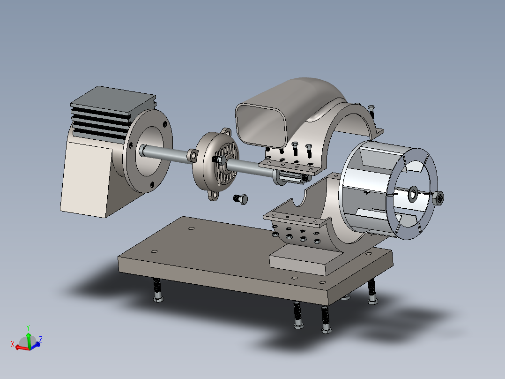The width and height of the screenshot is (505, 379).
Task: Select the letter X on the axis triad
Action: click(x=13, y=344)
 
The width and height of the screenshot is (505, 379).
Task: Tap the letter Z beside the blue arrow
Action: click(x=41, y=339)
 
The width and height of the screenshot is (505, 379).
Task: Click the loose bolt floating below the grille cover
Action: click(x=241, y=199)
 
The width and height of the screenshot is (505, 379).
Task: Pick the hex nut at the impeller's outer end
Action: click(x=438, y=197)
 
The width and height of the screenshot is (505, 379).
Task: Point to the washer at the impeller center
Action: click(x=413, y=194)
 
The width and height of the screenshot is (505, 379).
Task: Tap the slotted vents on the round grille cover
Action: click(x=228, y=164)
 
